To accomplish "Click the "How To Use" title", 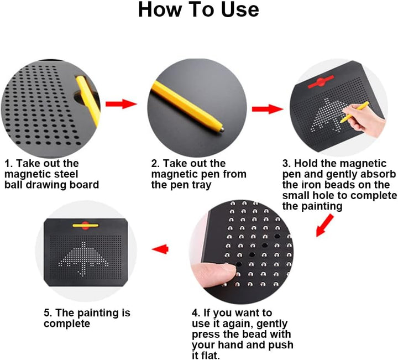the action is point(198,9).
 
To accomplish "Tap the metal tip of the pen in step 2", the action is point(222,129).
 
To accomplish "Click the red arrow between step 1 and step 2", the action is point(121,104).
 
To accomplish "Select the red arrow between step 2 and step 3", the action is point(268,109).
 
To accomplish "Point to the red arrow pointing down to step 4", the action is point(324,225).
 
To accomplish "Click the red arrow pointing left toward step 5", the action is point(160,249).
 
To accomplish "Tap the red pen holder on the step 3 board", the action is point(321,82).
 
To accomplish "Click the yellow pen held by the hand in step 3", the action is point(354,112).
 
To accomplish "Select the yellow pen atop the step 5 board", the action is point(86,225).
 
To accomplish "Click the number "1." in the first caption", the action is point(8,164).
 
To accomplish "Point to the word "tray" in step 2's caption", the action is point(202,185).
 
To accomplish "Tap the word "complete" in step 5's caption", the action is point(67,324).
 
